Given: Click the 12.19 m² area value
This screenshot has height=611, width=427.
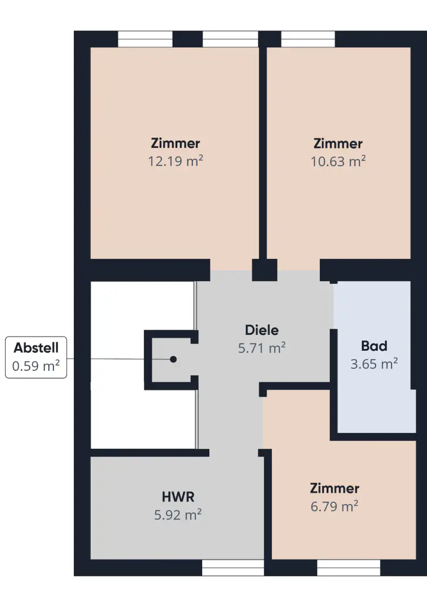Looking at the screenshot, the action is (x=176, y=161).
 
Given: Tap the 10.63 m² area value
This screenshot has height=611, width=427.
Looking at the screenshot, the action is (x=338, y=161).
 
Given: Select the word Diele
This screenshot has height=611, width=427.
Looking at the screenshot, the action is (x=262, y=330).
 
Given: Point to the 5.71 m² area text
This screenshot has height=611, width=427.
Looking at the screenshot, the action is (x=262, y=347).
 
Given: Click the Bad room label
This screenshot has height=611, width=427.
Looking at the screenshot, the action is (x=374, y=346).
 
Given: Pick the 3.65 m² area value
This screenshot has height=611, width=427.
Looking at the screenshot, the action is (x=374, y=364).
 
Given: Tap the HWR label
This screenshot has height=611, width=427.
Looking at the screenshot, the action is (x=178, y=497).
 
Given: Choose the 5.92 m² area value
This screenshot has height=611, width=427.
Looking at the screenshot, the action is (x=178, y=515).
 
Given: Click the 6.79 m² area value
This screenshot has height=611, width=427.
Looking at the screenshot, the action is (x=335, y=506).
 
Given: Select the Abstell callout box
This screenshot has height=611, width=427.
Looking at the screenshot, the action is (x=36, y=358).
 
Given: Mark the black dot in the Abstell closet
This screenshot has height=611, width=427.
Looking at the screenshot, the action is (x=173, y=359).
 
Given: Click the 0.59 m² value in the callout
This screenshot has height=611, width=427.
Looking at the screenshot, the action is (x=36, y=366).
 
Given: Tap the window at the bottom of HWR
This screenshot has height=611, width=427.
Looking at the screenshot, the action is (x=233, y=568).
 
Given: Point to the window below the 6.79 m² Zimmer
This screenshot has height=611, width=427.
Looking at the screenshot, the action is (x=349, y=568).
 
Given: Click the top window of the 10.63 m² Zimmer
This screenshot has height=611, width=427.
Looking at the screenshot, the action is (x=308, y=39).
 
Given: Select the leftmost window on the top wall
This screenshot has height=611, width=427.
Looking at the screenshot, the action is (x=145, y=39).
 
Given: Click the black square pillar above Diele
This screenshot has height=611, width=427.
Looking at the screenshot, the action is (x=264, y=270).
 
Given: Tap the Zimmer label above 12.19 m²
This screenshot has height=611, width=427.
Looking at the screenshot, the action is (x=176, y=143).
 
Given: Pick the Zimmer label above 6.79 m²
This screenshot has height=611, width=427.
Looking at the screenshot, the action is (x=335, y=488).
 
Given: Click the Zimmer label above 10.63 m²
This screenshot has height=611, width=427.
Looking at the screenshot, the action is (x=338, y=143).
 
